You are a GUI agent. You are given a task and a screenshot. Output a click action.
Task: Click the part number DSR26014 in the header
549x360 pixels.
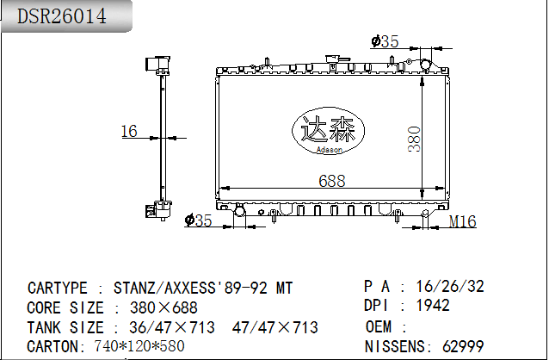click(x=62, y=16)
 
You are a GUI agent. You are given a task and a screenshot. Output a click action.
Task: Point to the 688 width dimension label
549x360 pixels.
click(x=332, y=181)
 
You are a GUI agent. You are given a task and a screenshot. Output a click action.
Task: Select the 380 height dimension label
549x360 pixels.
click(x=414, y=140)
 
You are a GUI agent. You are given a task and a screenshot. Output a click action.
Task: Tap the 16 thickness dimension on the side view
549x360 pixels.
click(x=129, y=131)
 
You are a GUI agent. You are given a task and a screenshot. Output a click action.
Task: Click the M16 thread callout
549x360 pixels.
click(x=462, y=221)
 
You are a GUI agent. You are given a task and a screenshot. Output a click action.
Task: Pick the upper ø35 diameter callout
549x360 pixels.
click(x=385, y=41)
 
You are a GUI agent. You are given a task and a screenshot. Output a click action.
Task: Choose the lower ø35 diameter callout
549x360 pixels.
click(x=199, y=220)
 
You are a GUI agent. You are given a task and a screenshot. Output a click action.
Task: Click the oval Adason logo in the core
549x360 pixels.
click(x=329, y=131)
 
